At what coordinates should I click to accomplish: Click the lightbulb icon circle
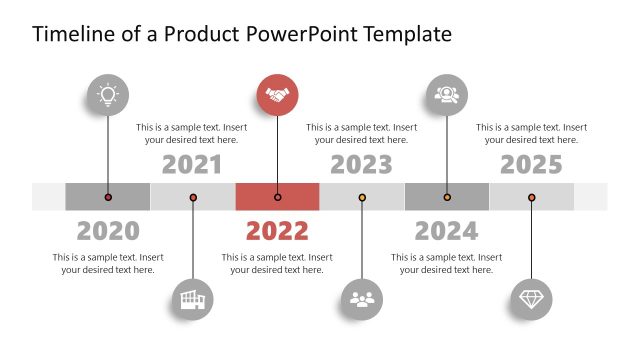tap(108, 95)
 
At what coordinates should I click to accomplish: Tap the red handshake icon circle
tap(277, 95)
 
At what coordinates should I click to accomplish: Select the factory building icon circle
tap(192, 298)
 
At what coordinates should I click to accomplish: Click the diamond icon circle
tap(531, 298)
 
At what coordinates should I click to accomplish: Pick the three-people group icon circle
tap(362, 298)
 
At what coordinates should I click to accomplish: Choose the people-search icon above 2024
tap(446, 95)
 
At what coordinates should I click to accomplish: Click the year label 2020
tap(108, 231)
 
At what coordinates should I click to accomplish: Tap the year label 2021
tap(192, 165)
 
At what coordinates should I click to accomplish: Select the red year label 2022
tap(277, 231)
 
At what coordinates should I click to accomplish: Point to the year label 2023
tap(362, 165)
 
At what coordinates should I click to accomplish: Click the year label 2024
tap(446, 231)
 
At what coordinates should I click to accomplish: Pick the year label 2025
tap(531, 165)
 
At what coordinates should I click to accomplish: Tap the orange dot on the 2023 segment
tap(362, 197)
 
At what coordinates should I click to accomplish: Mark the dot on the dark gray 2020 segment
tap(108, 197)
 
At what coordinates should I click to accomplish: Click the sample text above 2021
tap(192, 134)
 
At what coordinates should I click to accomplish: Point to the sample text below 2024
tap(446, 264)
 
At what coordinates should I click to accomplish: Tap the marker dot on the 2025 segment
tap(531, 197)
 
